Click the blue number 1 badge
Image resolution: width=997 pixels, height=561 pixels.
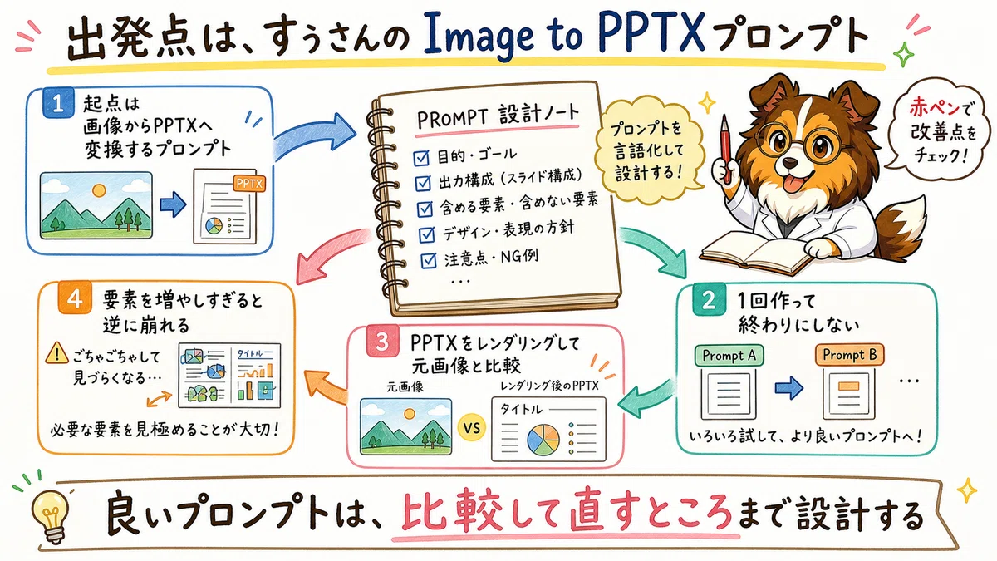pos(58,103)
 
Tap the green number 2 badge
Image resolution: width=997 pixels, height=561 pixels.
pos(708,301)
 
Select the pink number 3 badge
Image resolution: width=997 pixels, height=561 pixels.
pos(383,342)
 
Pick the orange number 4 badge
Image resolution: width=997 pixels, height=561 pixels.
pos(75,298)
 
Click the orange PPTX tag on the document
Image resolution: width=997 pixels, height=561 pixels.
pos(249,184)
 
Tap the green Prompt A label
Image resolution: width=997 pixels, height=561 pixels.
pos(729,356)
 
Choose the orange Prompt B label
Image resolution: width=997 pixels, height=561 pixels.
pos(850,355)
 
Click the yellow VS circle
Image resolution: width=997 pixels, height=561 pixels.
pos(471,428)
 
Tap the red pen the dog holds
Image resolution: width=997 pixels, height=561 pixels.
pos(725,148)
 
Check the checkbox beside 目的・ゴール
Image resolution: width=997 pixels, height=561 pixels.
pos(421,158)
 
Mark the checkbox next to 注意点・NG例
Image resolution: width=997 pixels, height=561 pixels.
pos(428,260)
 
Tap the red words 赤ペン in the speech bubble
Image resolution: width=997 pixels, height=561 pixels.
pos(937,107)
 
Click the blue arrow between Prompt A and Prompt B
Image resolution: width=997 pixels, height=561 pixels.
pos(788,387)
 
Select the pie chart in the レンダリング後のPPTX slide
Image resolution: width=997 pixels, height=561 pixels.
pos(543,440)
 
